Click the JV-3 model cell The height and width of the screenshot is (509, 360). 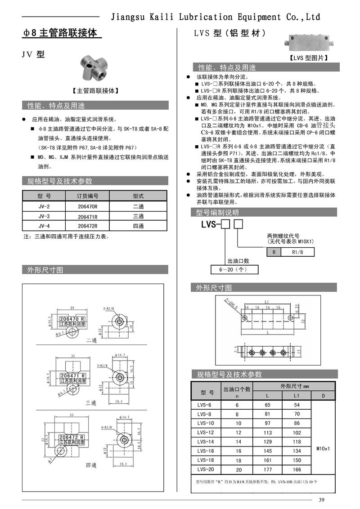44,216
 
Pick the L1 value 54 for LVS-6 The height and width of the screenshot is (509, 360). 297,405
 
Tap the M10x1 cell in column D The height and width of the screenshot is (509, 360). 323,448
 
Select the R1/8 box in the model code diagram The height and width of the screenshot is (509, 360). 297,252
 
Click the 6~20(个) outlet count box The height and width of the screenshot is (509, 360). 235,270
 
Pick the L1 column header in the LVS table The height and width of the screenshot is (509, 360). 297,395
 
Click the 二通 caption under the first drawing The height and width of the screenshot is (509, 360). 91,340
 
